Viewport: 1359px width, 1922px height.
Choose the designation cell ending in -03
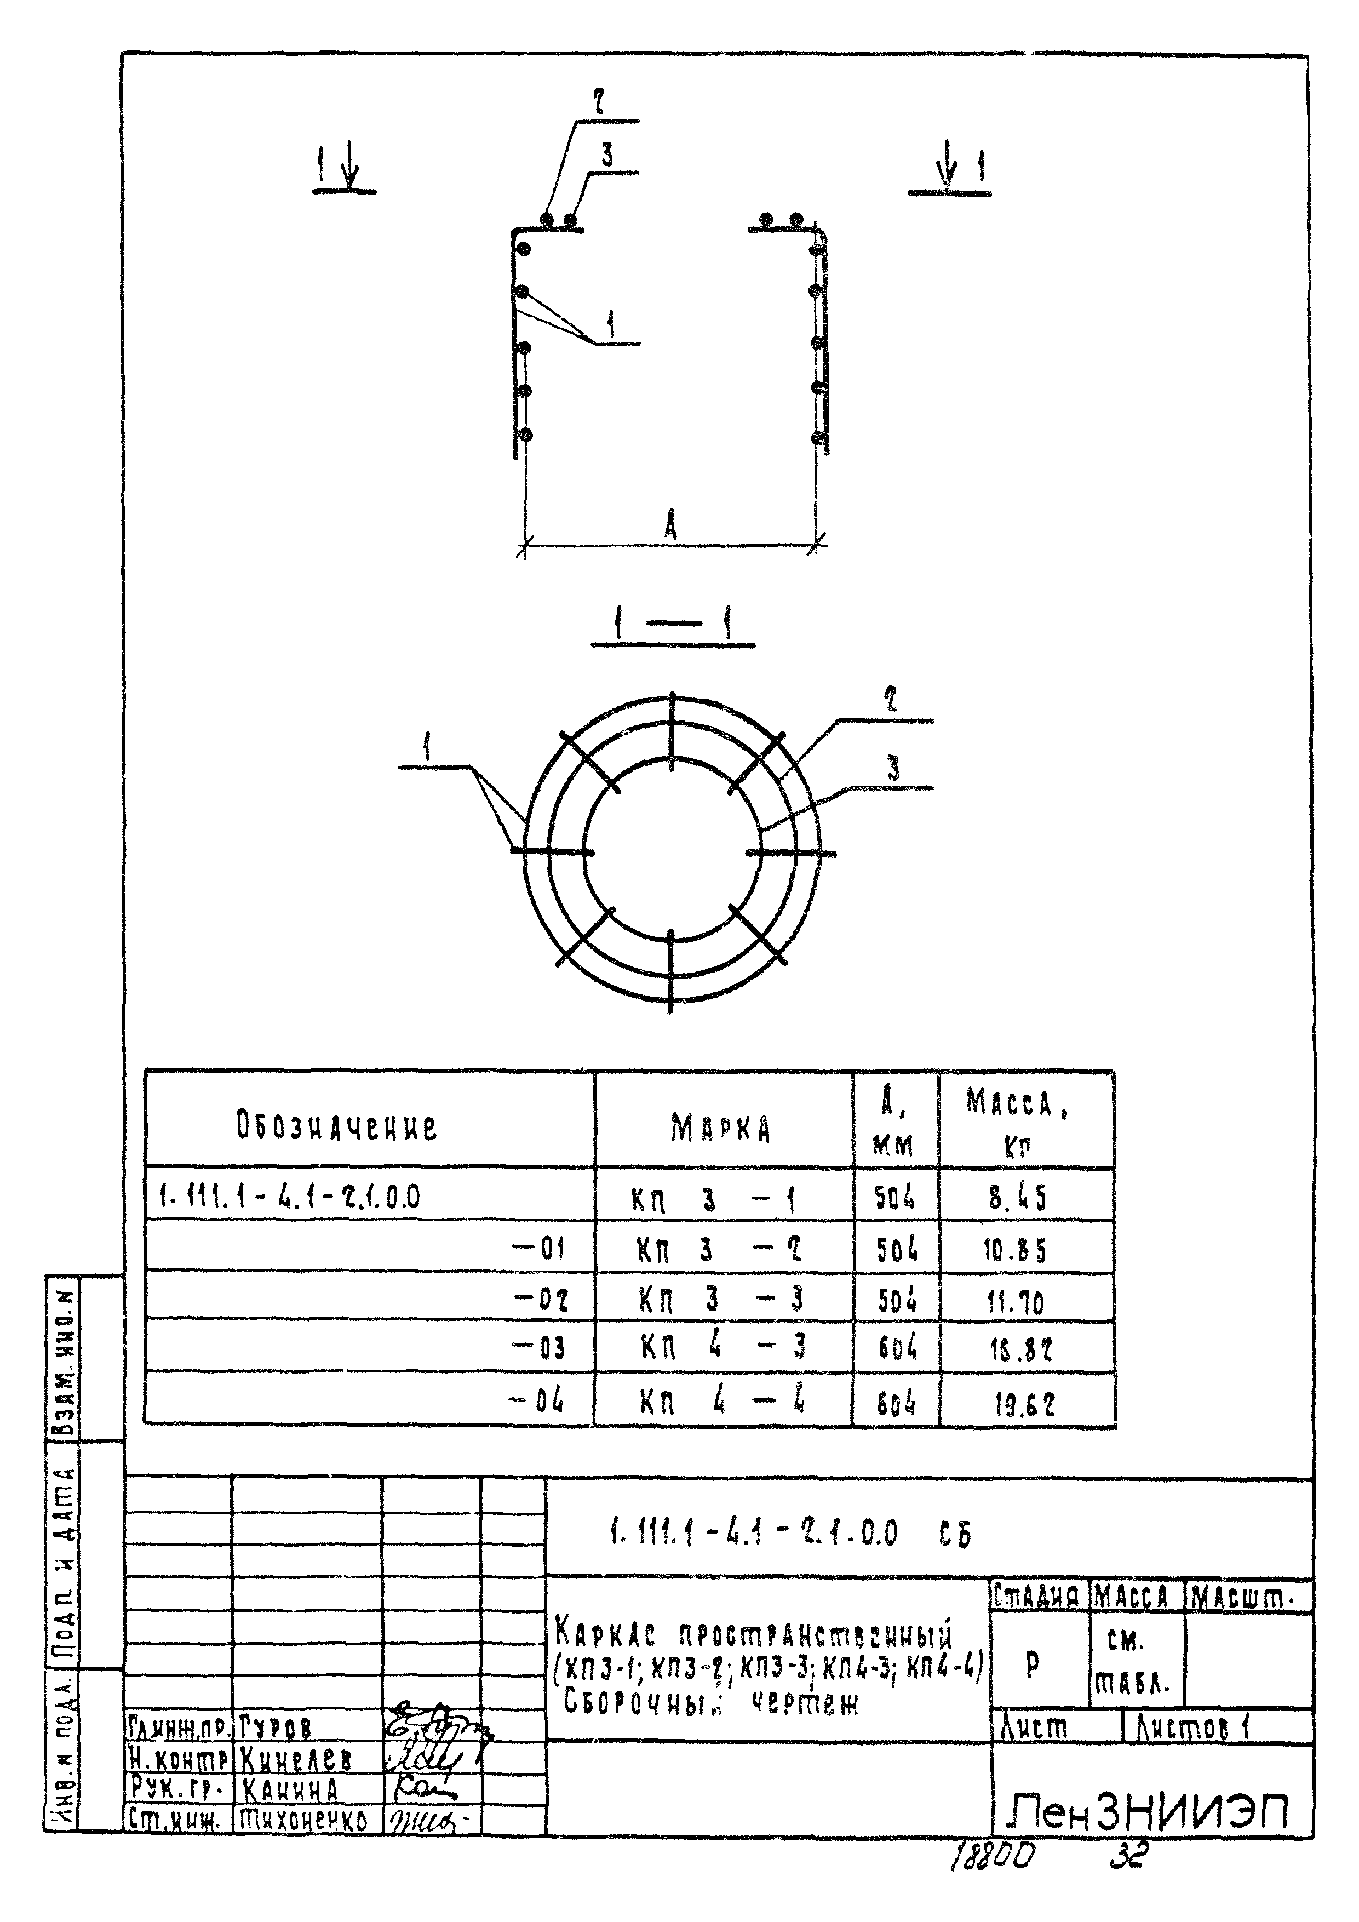pyautogui.click(x=539, y=1348)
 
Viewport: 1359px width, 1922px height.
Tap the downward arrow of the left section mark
pyautogui.click(x=350, y=168)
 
